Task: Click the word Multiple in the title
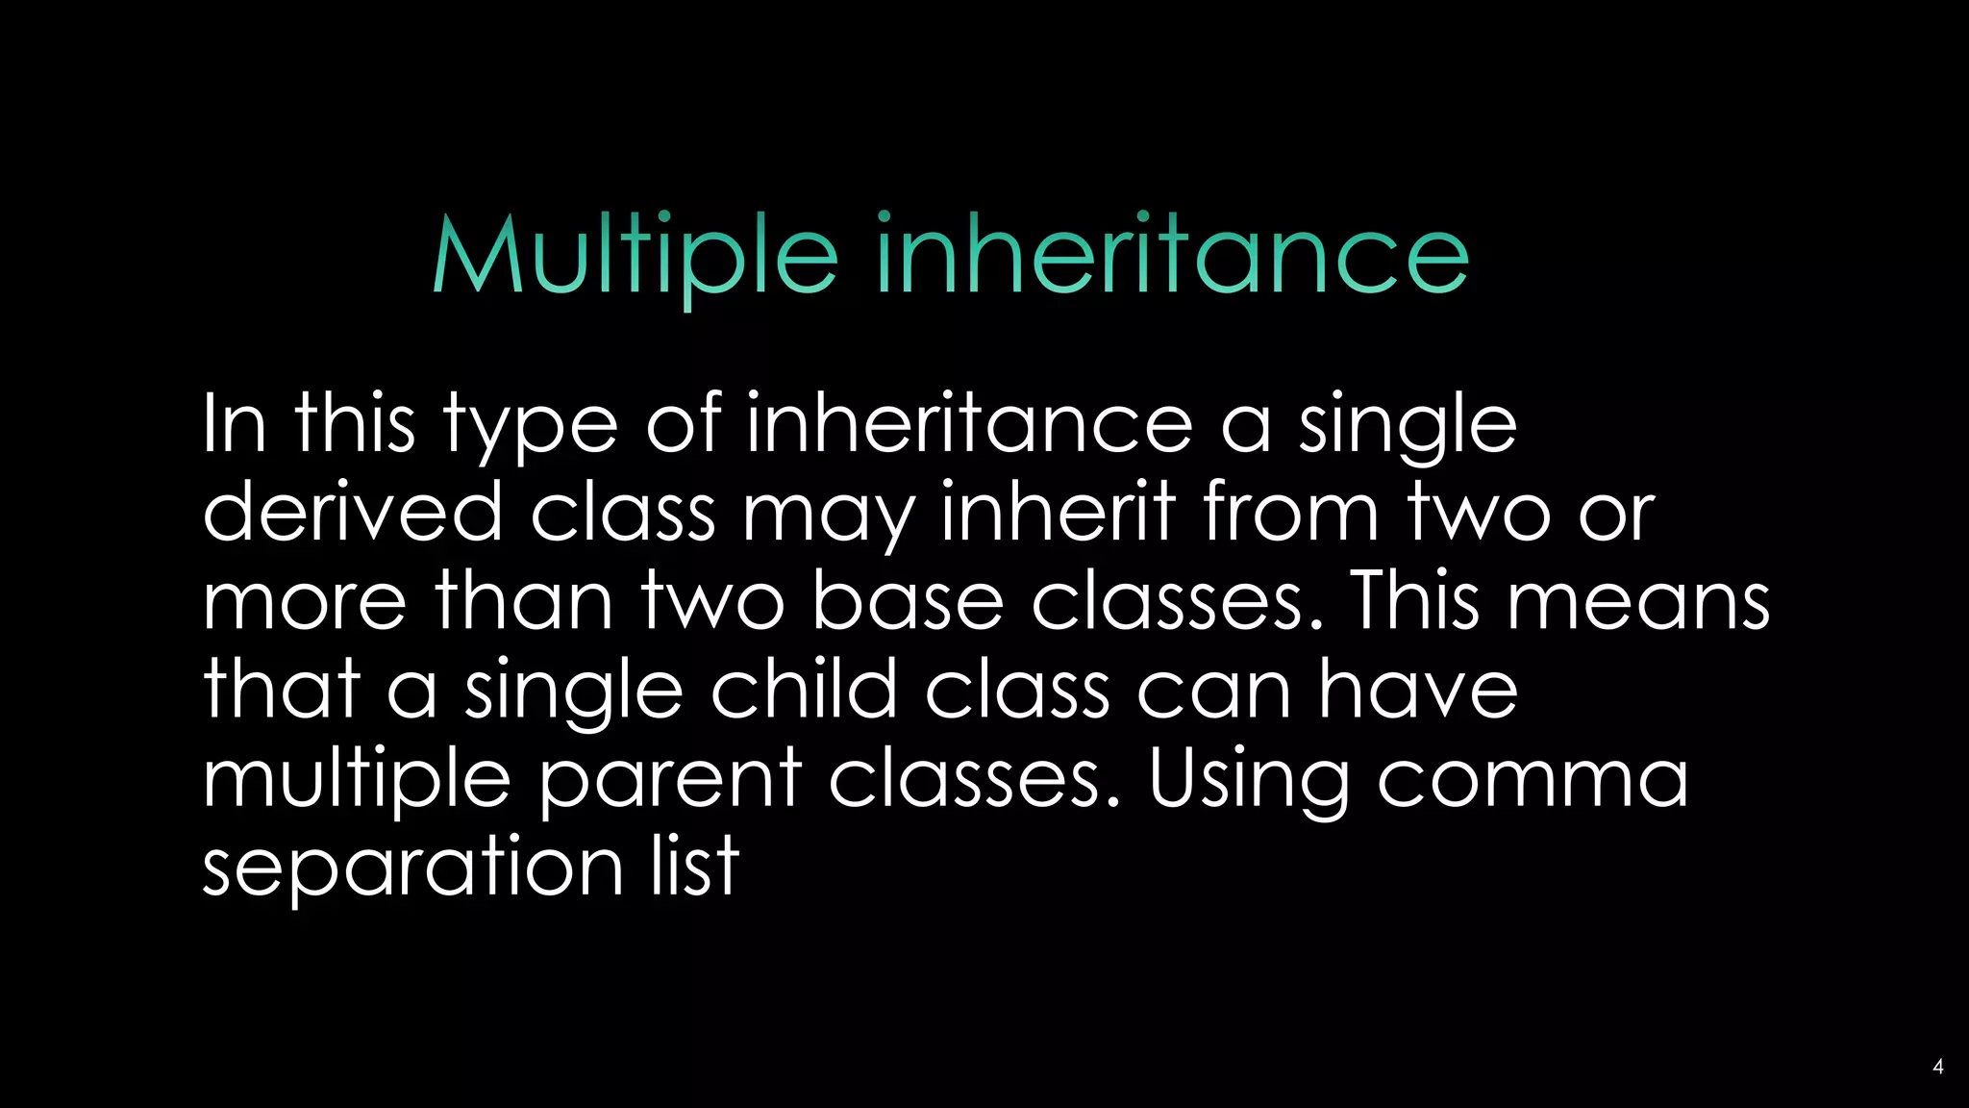tap(636, 255)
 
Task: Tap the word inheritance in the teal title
tap(1172, 255)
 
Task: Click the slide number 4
tap(1937, 1067)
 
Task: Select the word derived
tap(352, 512)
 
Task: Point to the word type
tap(530, 426)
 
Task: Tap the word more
tap(305, 602)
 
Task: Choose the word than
tap(524, 600)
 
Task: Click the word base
tap(908, 600)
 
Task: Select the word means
tap(1637, 602)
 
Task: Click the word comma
tap(1533, 779)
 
